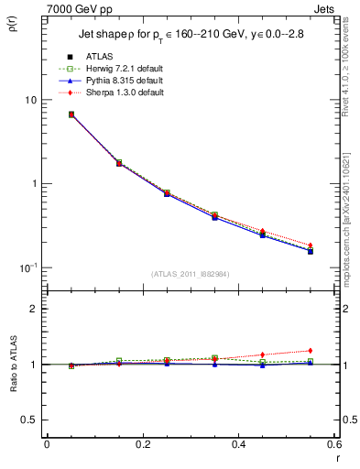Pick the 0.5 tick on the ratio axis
coord(30,420)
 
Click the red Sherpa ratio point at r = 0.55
coord(311,351)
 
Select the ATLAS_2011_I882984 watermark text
coord(191,274)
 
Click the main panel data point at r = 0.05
coord(71,115)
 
